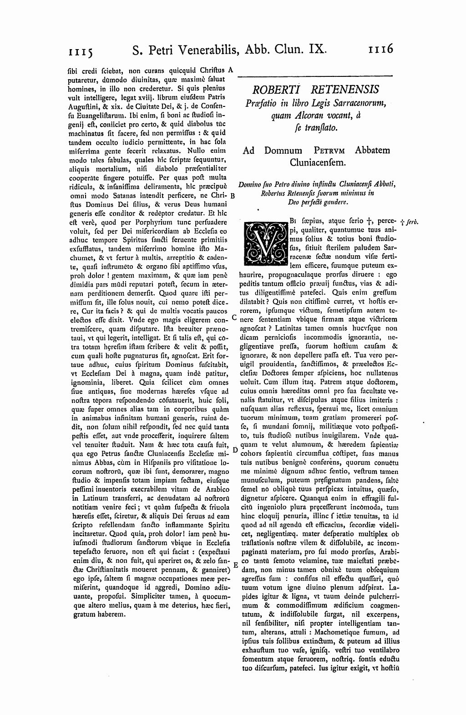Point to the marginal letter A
pyautogui.click(x=231, y=70)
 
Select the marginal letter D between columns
pyautogui.click(x=235, y=449)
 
